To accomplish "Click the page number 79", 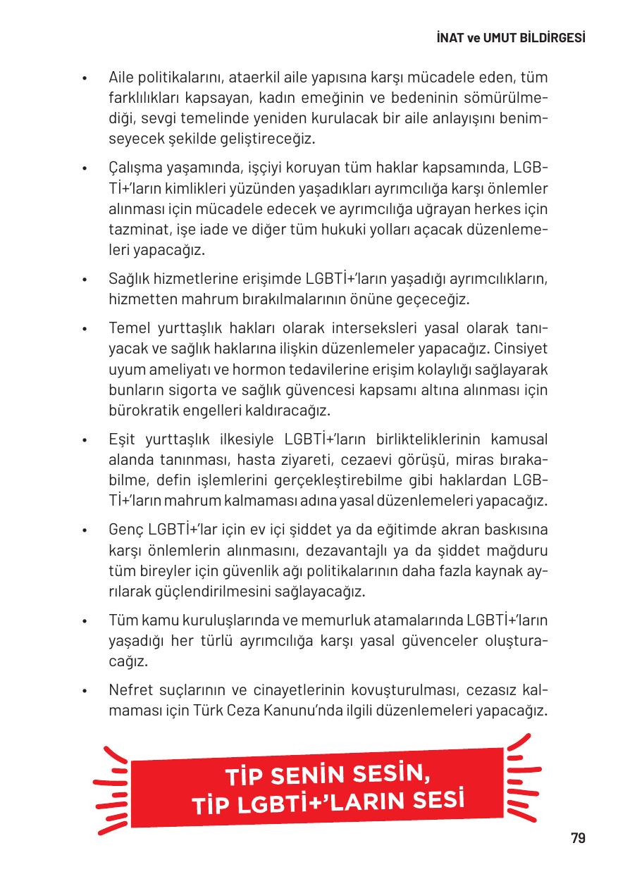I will click(578, 838).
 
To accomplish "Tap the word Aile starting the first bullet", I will click(122, 76).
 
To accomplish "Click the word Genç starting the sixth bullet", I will click(124, 530).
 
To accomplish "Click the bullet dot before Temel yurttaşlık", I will click(85, 330).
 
